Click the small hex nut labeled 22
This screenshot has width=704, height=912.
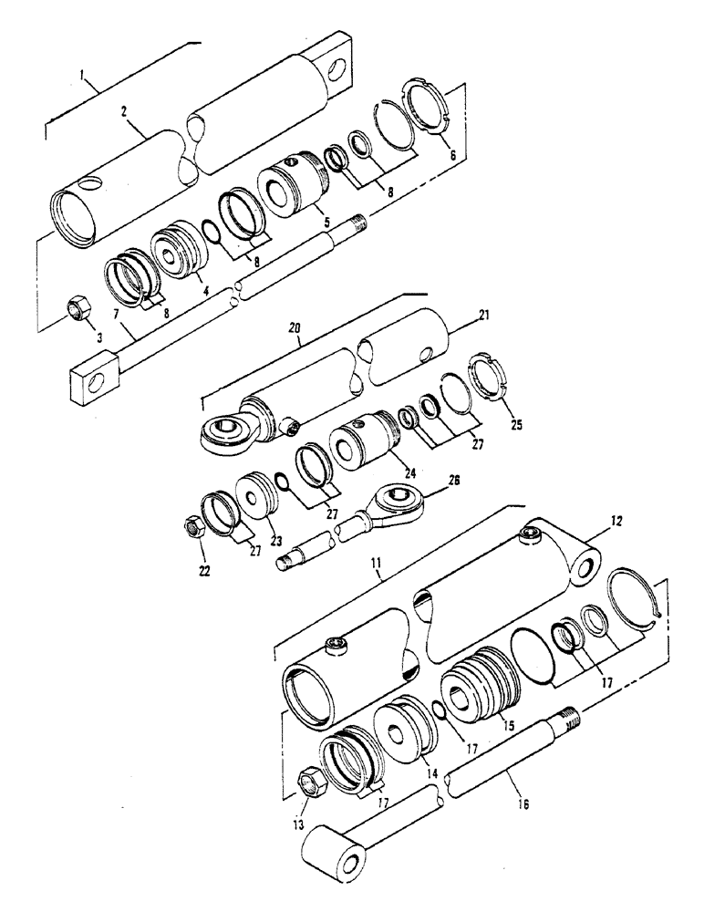[x=192, y=526]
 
